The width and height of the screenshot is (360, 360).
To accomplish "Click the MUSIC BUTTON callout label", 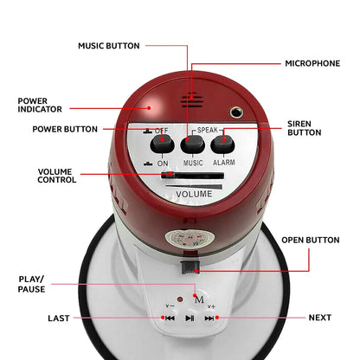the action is point(109,46).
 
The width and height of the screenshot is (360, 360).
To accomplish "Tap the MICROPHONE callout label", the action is point(312,63).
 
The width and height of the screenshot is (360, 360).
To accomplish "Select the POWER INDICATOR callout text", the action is point(40,105).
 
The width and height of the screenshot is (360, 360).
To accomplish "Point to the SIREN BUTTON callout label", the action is point(305,128).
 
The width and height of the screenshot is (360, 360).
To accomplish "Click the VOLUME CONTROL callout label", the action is point(57,176).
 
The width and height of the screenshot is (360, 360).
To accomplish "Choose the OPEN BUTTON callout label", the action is point(311,240).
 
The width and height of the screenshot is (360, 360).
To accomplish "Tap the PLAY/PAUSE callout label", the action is point(31,284).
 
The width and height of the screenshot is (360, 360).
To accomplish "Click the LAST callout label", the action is point(59,318).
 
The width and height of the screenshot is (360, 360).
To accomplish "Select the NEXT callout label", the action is point(320,318).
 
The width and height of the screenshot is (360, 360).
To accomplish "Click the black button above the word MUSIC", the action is point(192,144).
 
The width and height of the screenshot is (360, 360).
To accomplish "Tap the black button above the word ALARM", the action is point(222,144).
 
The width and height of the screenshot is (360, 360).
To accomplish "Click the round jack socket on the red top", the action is point(236,112).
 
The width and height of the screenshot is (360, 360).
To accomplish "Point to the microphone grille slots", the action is point(192,100).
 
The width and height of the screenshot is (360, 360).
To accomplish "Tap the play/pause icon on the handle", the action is point(190,318).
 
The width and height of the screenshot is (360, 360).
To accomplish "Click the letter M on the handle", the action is point(199,300).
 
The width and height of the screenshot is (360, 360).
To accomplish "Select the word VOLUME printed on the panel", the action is point(194,194).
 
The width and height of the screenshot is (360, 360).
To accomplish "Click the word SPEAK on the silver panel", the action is point(208,130).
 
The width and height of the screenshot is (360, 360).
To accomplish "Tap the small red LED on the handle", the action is point(180,299).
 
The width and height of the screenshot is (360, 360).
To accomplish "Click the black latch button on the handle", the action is point(190,267).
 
